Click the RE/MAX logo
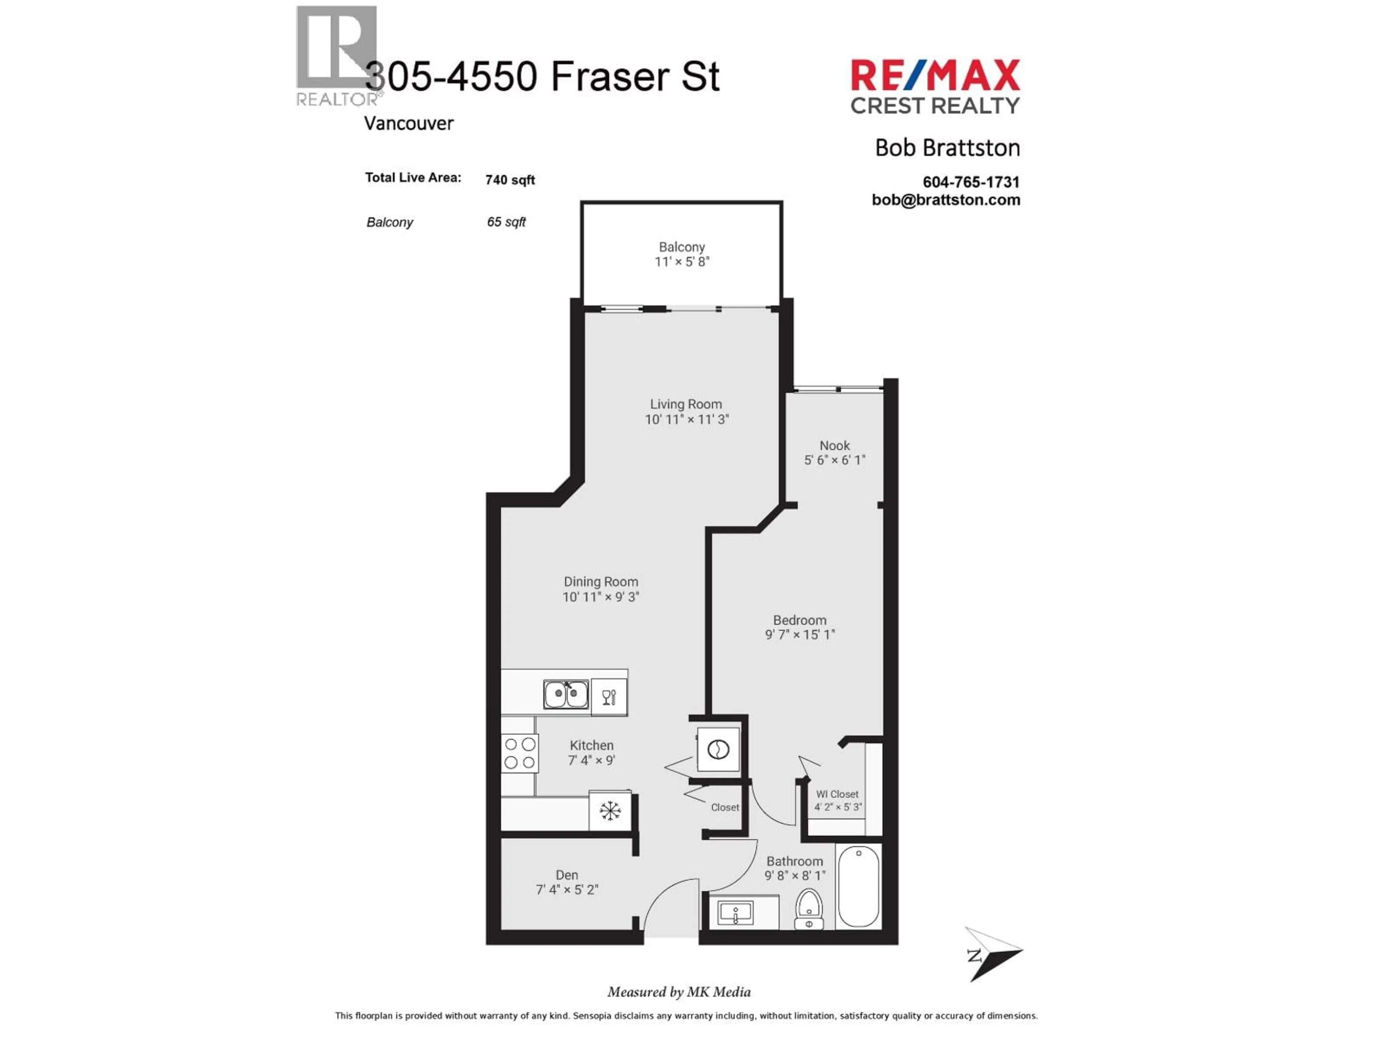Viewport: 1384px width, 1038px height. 935,76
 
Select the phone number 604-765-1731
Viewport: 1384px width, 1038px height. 971,182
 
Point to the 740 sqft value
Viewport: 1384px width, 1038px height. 510,180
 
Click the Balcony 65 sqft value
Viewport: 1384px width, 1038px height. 506,222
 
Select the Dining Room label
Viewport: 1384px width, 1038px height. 601,582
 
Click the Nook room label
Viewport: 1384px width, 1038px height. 835,445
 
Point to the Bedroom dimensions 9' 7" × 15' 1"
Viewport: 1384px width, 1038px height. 800,634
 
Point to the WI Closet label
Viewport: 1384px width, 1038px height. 837,794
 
